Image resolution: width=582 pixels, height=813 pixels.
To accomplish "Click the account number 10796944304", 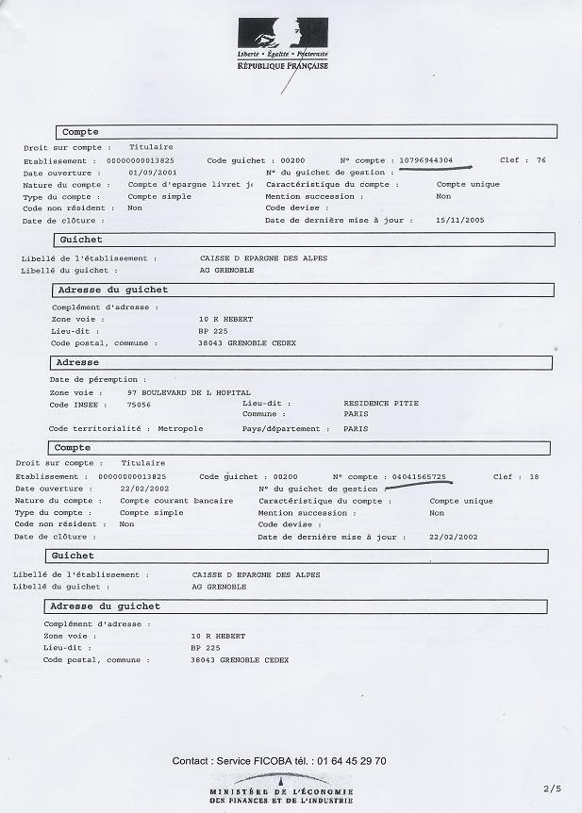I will (425, 160).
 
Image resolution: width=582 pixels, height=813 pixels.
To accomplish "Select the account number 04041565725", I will (419, 477).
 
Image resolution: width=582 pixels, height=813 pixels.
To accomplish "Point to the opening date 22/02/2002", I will (140, 489).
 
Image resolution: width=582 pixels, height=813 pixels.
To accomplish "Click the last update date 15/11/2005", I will (459, 220).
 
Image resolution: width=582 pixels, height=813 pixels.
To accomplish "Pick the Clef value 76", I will (540, 160).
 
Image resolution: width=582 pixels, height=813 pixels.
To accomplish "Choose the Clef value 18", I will (534, 477).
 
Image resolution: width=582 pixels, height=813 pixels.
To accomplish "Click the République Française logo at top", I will (283, 44).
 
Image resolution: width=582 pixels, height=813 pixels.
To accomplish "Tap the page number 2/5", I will (552, 787).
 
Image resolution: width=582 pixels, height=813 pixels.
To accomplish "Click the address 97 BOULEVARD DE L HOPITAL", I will (189, 391).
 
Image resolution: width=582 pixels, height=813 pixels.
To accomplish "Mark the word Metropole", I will (180, 428).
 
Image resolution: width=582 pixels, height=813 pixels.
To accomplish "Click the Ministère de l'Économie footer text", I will (282, 794).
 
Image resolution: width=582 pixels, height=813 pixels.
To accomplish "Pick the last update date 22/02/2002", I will (453, 537).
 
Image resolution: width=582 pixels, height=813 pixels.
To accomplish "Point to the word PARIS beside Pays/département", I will (356, 428).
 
